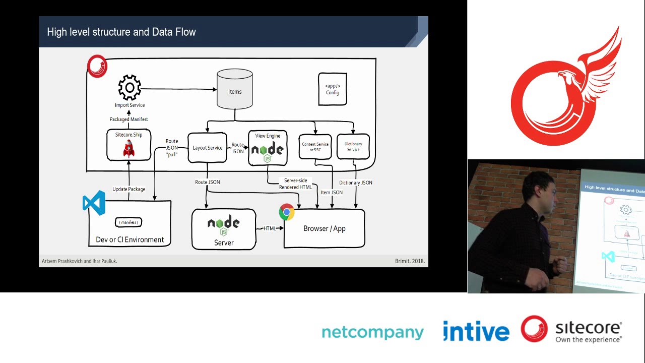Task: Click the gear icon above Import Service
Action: tap(130, 88)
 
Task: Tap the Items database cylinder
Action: tap(235, 89)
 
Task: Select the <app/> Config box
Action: tap(333, 89)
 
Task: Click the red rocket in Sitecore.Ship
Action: tap(129, 149)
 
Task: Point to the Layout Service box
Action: tap(207, 148)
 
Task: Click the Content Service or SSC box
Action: tap(315, 147)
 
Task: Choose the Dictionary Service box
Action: tap(353, 147)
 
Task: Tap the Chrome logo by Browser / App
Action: tap(287, 212)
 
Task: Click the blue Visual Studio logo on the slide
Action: tap(94, 203)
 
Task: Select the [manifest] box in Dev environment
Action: tap(129, 222)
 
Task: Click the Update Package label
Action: tap(128, 189)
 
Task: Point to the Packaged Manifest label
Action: tap(129, 119)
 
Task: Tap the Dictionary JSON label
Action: tap(356, 183)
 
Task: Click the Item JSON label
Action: tap(332, 192)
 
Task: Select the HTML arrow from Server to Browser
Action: tap(271, 228)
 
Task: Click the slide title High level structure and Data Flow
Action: tap(121, 32)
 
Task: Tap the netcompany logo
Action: tap(372, 333)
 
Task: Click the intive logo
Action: tap(476, 332)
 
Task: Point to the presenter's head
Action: tap(540, 189)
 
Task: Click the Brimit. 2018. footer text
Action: tap(410, 261)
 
